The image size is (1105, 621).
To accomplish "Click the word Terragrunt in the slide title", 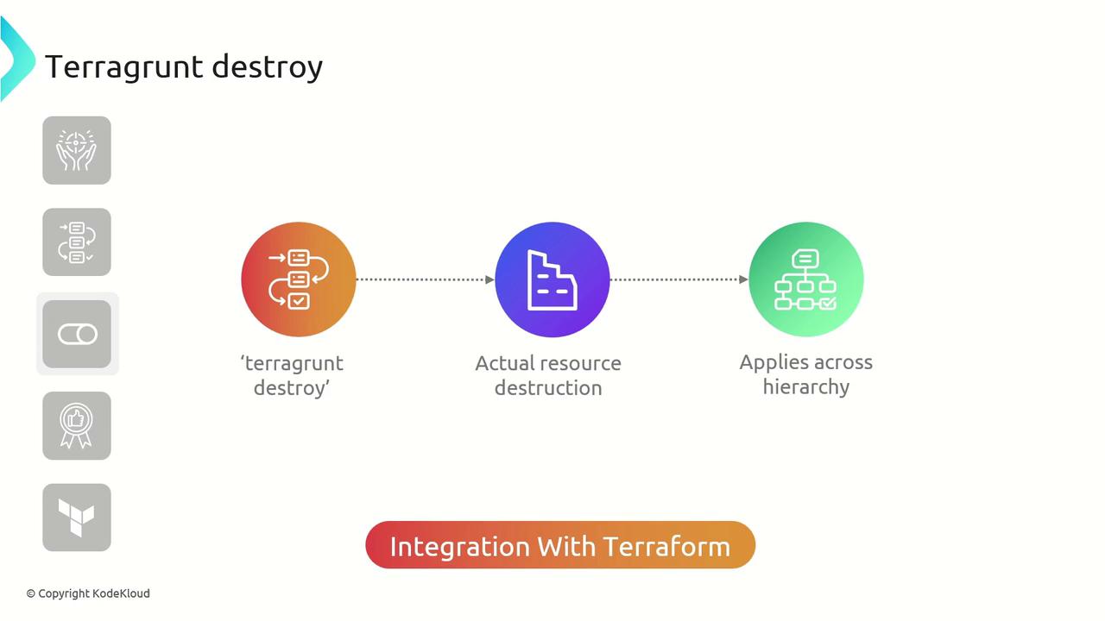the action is click(x=123, y=67).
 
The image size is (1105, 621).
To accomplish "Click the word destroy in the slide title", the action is click(x=268, y=67).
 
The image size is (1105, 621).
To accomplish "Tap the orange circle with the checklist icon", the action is click(x=299, y=279).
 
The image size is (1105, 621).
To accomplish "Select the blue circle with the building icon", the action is click(x=552, y=279).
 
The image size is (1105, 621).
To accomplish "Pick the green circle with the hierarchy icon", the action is click(x=806, y=279).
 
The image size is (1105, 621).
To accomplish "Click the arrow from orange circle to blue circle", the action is click(x=426, y=279).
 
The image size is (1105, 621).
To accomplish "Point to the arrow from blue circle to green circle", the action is click(x=679, y=279).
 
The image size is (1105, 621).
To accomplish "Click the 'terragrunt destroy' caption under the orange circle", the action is click(x=292, y=375).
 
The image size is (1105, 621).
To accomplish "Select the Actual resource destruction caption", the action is click(x=548, y=375).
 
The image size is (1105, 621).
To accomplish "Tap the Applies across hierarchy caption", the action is click(x=806, y=374).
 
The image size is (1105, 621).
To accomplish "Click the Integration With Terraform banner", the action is click(x=560, y=545).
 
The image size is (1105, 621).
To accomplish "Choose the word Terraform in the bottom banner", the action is click(x=667, y=547).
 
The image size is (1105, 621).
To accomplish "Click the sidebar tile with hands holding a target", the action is click(x=77, y=150).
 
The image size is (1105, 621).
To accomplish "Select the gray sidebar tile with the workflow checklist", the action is click(x=77, y=242).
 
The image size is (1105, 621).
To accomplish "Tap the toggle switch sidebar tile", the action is click(x=77, y=334).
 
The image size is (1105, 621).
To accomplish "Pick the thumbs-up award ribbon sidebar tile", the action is click(x=77, y=426).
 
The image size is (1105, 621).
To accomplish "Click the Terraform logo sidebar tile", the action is click(x=77, y=517).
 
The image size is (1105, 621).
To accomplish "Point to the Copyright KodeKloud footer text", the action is click(x=88, y=594).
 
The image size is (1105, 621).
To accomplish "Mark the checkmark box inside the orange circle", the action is click(x=299, y=301).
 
